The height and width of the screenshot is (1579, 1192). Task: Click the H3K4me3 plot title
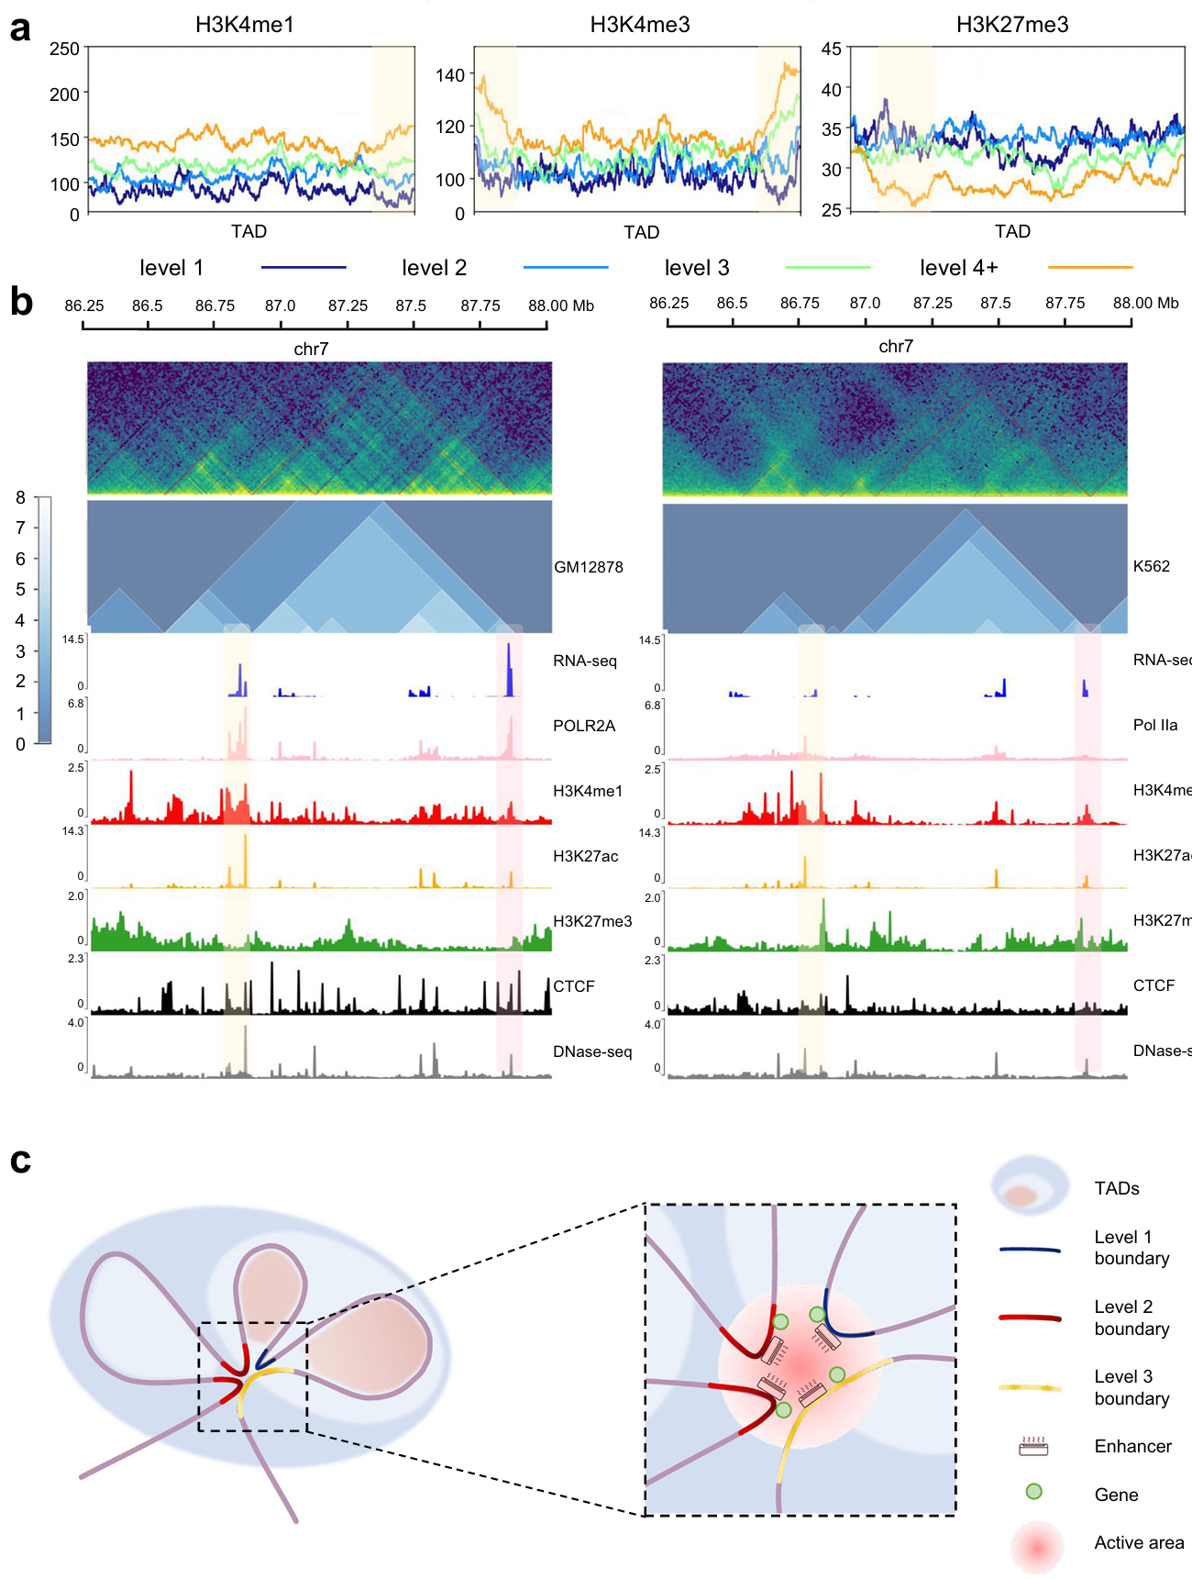640,25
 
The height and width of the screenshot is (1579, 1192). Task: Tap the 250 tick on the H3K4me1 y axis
65,49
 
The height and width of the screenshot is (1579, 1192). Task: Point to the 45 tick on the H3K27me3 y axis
831,49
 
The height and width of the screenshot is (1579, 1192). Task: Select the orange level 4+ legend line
1090,268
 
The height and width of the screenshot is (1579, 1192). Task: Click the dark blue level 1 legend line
304,268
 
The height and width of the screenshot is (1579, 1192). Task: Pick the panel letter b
21,301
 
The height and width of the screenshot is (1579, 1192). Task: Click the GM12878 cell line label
589,567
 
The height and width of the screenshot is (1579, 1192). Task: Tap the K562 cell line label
1152,566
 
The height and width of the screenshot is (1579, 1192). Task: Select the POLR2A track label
584,726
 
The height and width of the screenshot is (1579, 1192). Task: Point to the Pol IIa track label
1155,725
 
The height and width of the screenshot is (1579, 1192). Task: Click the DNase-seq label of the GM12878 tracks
592,1051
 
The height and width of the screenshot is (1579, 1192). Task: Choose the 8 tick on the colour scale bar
20,498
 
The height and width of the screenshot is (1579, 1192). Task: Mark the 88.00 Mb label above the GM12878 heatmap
561,306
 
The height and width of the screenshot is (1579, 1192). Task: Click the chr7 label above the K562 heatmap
896,346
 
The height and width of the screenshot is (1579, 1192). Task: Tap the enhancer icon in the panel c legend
1033,1447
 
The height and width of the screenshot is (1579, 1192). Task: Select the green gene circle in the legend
1033,1492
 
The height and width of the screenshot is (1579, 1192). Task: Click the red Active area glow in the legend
1036,1547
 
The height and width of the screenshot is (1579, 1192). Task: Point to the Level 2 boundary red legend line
1030,1318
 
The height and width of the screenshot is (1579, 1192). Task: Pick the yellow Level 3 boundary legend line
1030,1388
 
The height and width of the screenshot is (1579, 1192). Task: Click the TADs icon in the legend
1030,1187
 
